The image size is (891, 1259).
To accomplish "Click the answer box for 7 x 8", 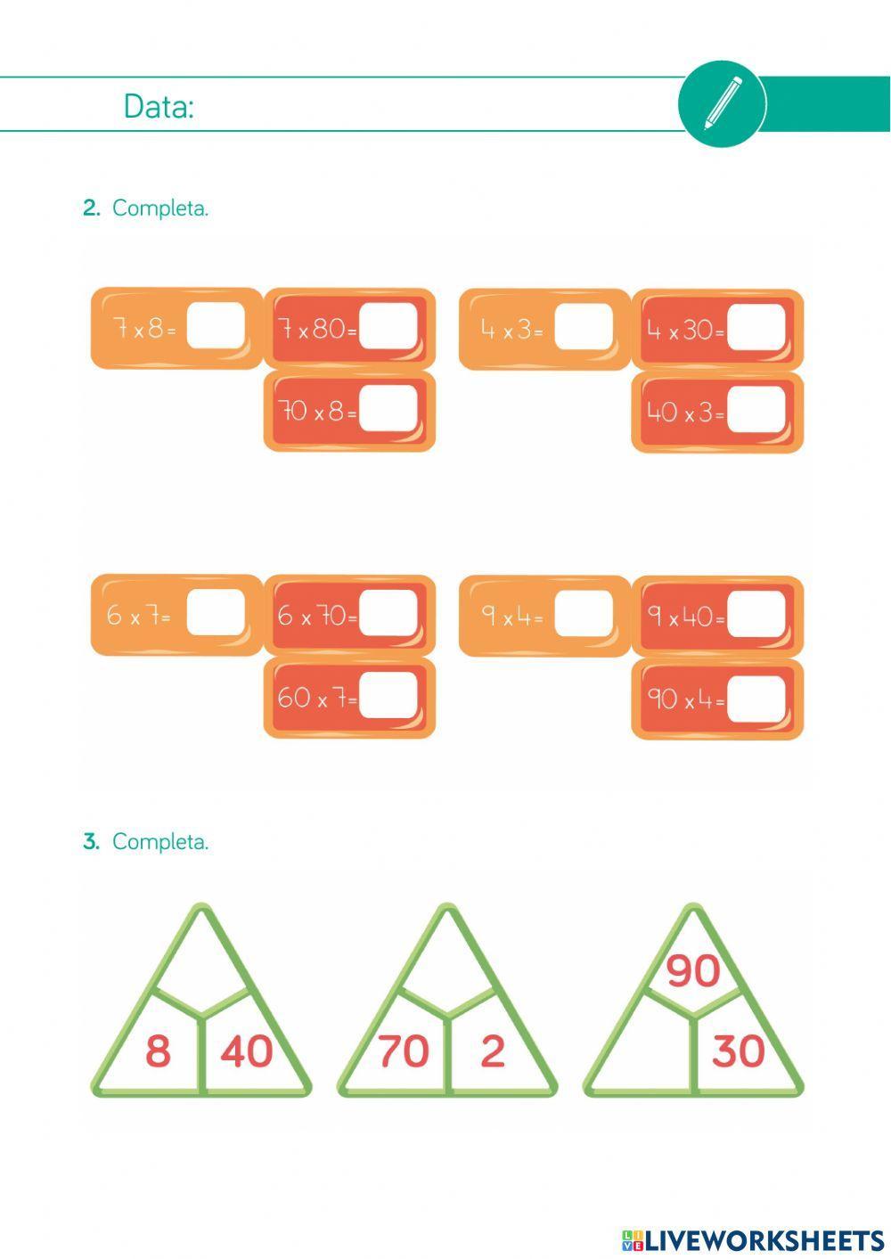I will point(216,327).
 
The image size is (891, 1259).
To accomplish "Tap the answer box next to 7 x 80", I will point(388,327).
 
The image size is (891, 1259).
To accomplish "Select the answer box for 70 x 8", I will point(388,409).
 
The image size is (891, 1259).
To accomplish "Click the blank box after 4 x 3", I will point(584,327).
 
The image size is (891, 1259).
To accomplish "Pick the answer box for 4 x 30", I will point(756,328).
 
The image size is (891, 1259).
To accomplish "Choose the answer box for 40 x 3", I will point(756,410).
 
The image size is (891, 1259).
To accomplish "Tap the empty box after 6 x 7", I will point(216,613).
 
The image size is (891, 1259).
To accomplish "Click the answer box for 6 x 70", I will point(388,613).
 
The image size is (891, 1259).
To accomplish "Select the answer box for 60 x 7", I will point(388,695).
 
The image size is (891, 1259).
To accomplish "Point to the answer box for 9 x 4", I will point(584,614).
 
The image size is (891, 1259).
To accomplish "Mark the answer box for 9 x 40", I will point(756,614).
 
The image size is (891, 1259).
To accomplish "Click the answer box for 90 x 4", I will point(756,698).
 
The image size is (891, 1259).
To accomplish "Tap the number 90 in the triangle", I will point(692,970).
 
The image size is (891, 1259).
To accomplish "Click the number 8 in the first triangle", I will point(158,1051).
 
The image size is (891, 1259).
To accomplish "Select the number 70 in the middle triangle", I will point(403,1051).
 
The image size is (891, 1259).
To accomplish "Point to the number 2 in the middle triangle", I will point(492,1051).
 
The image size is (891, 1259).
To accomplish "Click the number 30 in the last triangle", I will point(738,1051).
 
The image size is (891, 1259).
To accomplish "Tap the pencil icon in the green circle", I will point(722,103).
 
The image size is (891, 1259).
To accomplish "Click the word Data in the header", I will point(158,107).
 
